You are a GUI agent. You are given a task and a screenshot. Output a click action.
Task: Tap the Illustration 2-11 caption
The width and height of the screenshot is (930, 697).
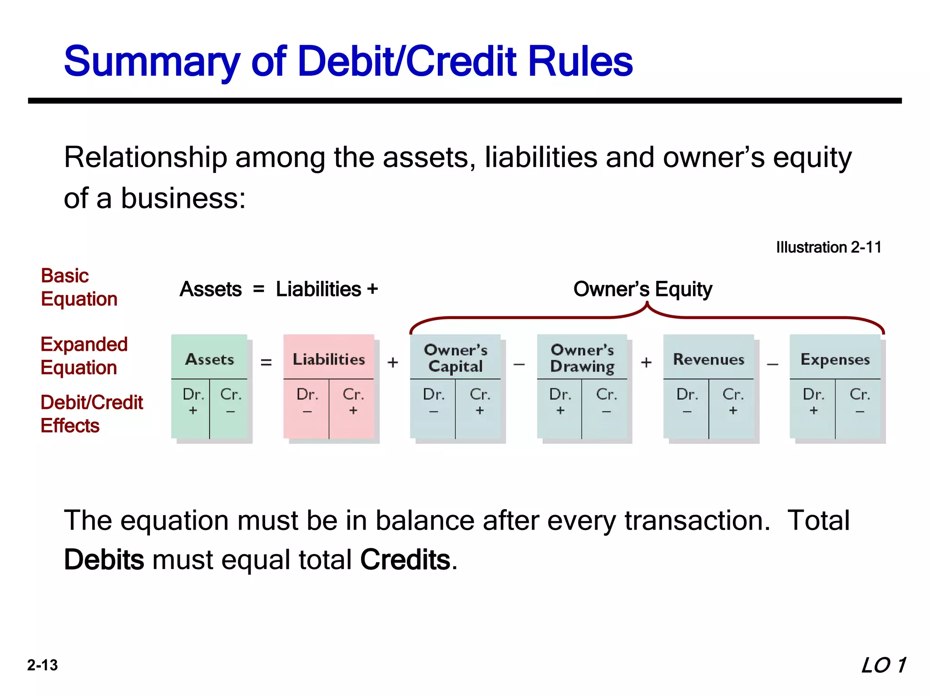pyautogui.click(x=828, y=247)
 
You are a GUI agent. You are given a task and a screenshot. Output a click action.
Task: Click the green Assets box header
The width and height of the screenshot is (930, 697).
pyautogui.click(x=209, y=359)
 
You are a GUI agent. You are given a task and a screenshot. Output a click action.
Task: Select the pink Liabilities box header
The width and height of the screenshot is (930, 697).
pyautogui.click(x=328, y=359)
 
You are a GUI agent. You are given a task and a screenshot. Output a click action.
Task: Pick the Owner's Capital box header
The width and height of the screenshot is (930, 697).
pyautogui.click(x=455, y=358)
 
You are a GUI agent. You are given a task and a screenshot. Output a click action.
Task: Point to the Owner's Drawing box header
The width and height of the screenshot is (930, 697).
pyautogui.click(x=582, y=358)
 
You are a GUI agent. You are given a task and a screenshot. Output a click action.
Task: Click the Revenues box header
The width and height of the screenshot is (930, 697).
pyautogui.click(x=708, y=359)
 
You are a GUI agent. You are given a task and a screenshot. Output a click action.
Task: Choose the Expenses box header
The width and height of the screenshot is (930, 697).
pyautogui.click(x=835, y=359)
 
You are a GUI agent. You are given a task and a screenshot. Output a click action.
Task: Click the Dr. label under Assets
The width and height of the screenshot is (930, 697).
pyautogui.click(x=193, y=394)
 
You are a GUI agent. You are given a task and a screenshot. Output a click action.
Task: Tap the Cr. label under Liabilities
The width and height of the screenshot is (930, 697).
pyautogui.click(x=353, y=394)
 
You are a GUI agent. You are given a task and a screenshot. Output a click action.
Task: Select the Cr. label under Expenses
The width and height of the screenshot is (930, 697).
pyautogui.click(x=860, y=394)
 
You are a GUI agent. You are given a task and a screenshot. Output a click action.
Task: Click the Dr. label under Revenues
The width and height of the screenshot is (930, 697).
pyautogui.click(x=687, y=394)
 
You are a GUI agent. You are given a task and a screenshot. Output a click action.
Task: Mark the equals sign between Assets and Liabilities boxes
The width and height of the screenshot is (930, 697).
pyautogui.click(x=266, y=362)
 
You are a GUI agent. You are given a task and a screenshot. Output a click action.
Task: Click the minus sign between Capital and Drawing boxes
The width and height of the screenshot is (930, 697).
pyautogui.click(x=519, y=363)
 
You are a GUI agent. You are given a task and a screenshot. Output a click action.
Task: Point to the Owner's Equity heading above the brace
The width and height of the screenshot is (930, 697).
pyautogui.click(x=643, y=289)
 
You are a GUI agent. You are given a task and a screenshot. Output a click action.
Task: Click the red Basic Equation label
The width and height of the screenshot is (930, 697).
pyautogui.click(x=79, y=287)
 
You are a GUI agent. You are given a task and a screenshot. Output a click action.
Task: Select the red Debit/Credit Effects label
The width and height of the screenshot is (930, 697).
pyautogui.click(x=91, y=414)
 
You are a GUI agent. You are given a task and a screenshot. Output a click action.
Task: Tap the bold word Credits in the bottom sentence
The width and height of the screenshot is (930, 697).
pyautogui.click(x=405, y=560)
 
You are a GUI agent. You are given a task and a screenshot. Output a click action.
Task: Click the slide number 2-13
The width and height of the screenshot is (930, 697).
pyautogui.click(x=42, y=665)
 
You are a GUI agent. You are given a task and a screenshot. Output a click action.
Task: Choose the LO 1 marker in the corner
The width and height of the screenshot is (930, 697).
pyautogui.click(x=883, y=665)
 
